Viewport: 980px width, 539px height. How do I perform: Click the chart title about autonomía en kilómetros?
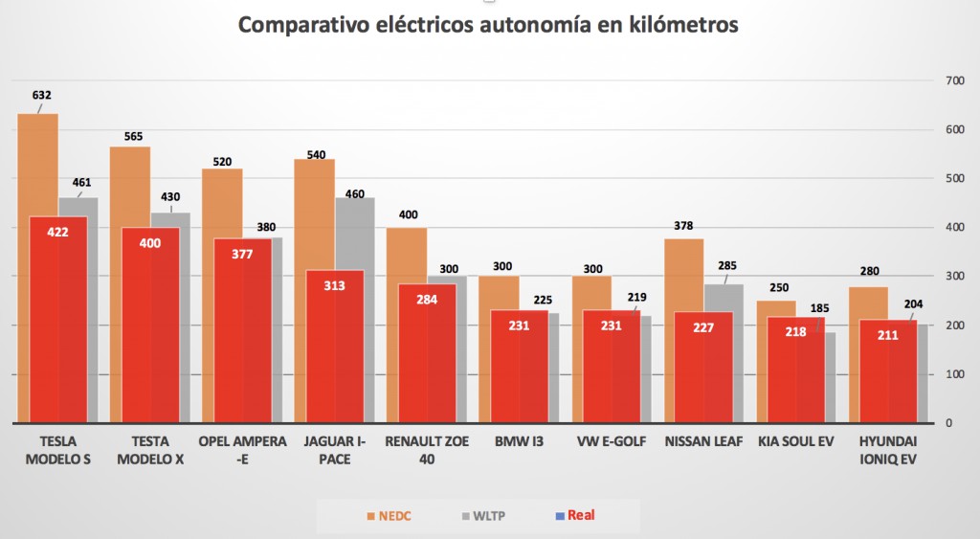(488, 26)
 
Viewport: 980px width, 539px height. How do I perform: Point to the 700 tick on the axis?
(954, 80)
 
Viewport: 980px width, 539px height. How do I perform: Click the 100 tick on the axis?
(954, 374)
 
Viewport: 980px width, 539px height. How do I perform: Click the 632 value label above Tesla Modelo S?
(41, 96)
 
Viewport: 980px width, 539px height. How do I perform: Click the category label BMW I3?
(519, 442)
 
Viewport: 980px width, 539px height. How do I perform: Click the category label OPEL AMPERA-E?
(242, 450)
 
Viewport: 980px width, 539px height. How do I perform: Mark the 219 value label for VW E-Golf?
(635, 298)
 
